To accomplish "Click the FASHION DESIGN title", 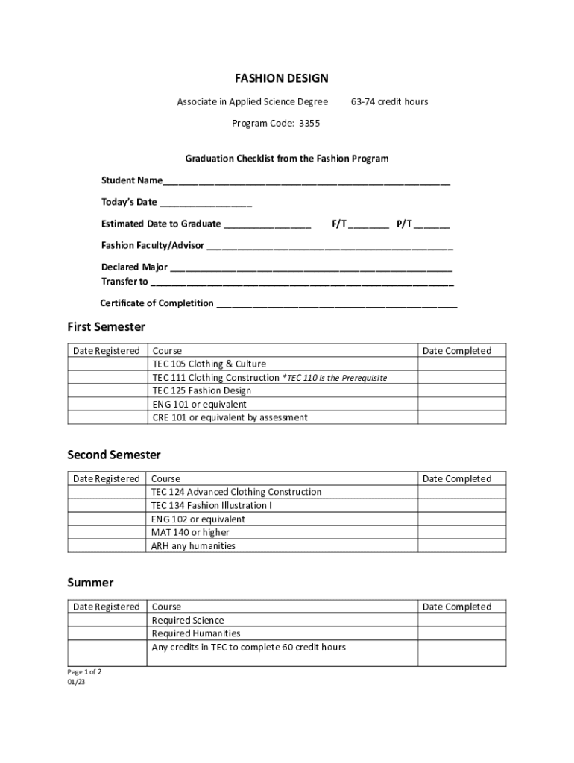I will pyautogui.click(x=281, y=78).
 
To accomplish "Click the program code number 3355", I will pyautogui.click(x=309, y=124).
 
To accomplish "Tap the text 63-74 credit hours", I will pyautogui.click(x=389, y=101).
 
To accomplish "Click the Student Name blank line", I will pyautogui.click(x=306, y=182).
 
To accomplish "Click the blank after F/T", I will pyautogui.click(x=368, y=225).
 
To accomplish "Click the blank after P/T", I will pyautogui.click(x=432, y=225).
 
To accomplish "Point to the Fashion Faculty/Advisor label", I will pyautogui.click(x=152, y=245).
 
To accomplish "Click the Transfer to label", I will pyautogui.click(x=124, y=282).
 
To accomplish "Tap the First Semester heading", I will pyautogui.click(x=106, y=327).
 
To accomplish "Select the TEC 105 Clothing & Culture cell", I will pyautogui.click(x=209, y=364).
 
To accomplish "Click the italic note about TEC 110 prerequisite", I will pyautogui.click(x=335, y=378).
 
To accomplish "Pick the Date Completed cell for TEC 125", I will pyautogui.click(x=461, y=391).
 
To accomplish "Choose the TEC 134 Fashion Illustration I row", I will pyautogui.click(x=212, y=506).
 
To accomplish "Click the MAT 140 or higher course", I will pyautogui.click(x=190, y=533).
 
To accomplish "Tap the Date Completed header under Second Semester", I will pyautogui.click(x=457, y=479).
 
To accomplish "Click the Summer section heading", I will pyautogui.click(x=90, y=583).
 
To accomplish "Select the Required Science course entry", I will pyautogui.click(x=188, y=621).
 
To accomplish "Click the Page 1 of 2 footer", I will pyautogui.click(x=84, y=672).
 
